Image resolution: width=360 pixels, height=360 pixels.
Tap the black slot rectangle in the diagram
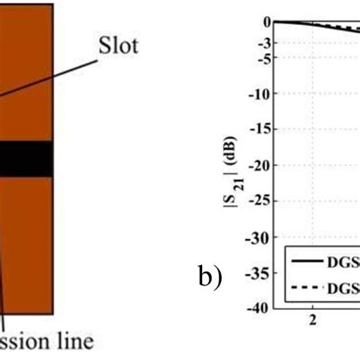[26, 159]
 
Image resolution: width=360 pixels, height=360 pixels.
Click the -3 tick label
[265, 43]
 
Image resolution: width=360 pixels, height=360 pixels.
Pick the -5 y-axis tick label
[265, 58]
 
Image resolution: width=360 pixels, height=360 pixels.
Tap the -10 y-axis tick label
[263, 93]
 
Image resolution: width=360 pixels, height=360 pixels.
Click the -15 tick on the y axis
[263, 129]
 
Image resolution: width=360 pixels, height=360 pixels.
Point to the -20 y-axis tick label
[263, 165]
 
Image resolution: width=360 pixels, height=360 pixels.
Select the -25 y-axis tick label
[263, 201]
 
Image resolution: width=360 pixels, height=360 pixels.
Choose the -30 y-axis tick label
[263, 236]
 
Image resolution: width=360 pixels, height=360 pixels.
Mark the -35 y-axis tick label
[263, 272]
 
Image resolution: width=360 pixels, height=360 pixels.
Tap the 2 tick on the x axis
[312, 320]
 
